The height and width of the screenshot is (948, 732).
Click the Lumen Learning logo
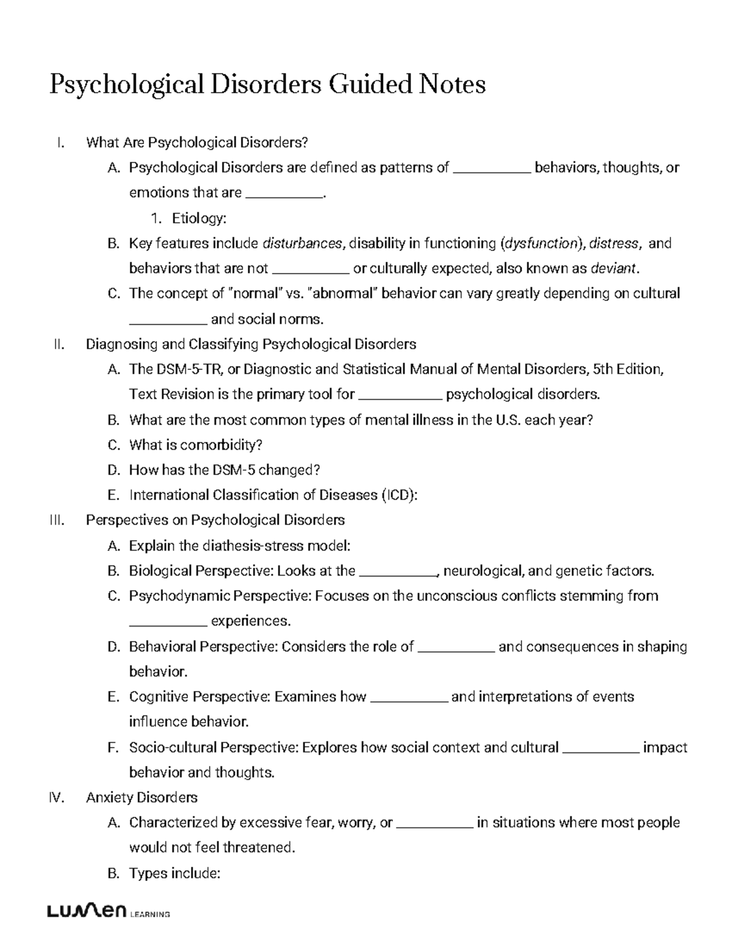pyautogui.click(x=108, y=913)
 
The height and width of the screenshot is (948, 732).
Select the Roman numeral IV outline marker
pyautogui.click(x=56, y=797)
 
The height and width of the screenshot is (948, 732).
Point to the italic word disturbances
pyautogui.click(x=302, y=244)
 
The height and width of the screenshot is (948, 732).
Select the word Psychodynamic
pyautogui.click(x=179, y=596)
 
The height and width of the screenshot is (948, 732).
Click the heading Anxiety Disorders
pyautogui.click(x=142, y=797)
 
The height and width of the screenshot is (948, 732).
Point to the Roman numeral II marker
pyautogui.click(x=59, y=344)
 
